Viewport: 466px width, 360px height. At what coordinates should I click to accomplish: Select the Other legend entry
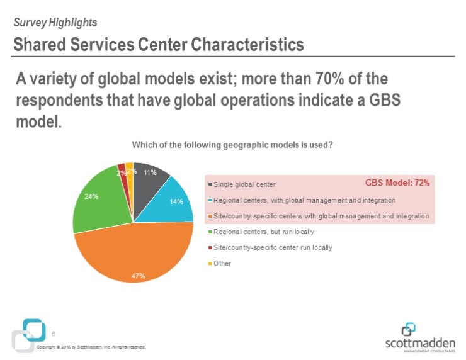tap(222, 263)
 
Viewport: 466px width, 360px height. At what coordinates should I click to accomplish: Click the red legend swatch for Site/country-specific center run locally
tap(209, 247)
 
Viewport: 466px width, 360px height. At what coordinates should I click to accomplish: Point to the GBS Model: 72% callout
tap(397, 183)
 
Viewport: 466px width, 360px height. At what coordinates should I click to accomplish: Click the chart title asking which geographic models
tap(232, 145)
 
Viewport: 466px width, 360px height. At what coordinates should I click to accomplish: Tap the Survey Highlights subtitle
tap(55, 23)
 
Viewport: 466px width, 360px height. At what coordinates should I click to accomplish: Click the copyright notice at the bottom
tap(91, 347)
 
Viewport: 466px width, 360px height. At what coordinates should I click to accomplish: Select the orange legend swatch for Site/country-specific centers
tap(209, 216)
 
